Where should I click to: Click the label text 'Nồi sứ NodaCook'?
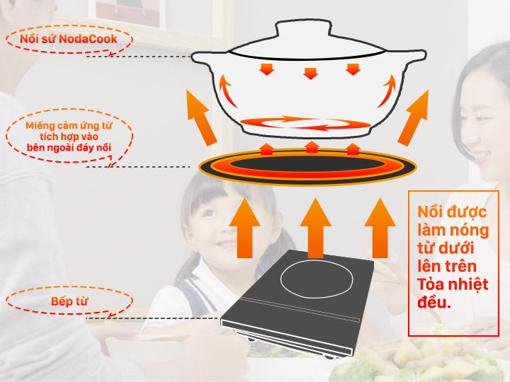[x=68, y=39]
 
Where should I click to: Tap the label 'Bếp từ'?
[x=69, y=301]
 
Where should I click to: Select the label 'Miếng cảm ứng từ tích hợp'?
[x=69, y=131]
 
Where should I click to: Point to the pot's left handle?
[x=203, y=59]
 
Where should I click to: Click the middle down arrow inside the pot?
[x=310, y=74]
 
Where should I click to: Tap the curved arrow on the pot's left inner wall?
[x=227, y=91]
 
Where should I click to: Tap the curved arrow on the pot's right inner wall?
[x=387, y=91]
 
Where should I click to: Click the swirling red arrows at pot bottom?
[x=305, y=123]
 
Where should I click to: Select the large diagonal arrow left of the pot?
[x=201, y=117]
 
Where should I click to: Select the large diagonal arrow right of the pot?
[x=413, y=117]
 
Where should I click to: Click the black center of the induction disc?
[x=307, y=164]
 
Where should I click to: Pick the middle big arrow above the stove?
[x=315, y=228]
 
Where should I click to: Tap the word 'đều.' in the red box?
[x=434, y=302]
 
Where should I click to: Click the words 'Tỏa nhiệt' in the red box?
[x=453, y=284]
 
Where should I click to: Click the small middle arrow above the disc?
[x=312, y=147]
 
